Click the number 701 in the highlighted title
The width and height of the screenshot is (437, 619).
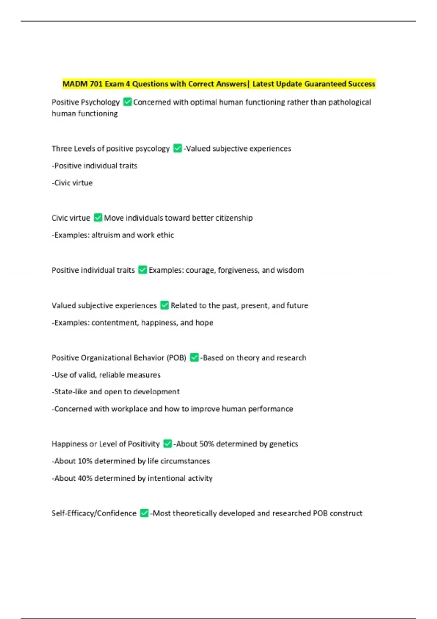click(x=96, y=84)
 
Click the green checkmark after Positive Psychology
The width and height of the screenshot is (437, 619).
click(x=127, y=102)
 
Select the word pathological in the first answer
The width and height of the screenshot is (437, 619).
click(x=350, y=102)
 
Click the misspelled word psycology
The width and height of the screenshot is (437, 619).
click(x=152, y=149)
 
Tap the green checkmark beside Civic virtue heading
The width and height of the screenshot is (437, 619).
click(x=98, y=218)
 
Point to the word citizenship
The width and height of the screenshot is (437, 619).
click(x=234, y=218)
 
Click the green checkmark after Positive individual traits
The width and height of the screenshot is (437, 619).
click(x=143, y=270)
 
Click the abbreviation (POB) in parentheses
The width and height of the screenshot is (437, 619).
click(x=177, y=358)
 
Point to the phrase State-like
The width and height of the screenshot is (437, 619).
click(x=71, y=392)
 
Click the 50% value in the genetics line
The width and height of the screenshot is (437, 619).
click(x=206, y=444)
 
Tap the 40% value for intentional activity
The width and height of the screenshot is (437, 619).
click(x=85, y=478)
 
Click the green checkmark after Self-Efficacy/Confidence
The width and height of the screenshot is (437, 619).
click(x=144, y=513)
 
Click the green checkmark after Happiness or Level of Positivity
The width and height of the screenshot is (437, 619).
click(x=168, y=443)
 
